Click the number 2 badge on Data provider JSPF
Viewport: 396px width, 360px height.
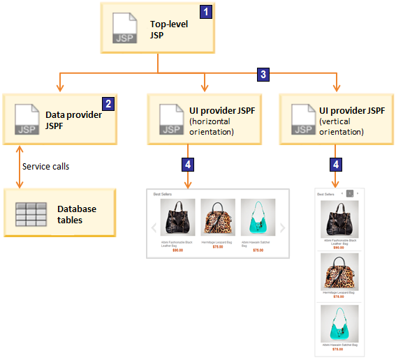(108, 103)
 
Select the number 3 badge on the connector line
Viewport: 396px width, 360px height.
(263, 74)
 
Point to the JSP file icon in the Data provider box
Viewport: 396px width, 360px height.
(26, 119)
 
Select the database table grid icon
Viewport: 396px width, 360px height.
(31, 213)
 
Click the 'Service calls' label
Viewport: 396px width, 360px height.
(46, 167)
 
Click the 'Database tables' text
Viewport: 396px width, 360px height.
(77, 214)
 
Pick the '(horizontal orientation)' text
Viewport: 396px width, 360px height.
(211, 126)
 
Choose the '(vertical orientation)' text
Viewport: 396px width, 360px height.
(341, 126)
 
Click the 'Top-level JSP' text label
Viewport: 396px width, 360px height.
(168, 29)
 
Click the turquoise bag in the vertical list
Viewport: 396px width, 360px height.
(339, 323)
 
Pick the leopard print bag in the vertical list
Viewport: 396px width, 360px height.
(339, 271)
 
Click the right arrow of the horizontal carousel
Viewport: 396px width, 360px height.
(282, 227)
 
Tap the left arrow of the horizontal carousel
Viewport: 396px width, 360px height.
(153, 227)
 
